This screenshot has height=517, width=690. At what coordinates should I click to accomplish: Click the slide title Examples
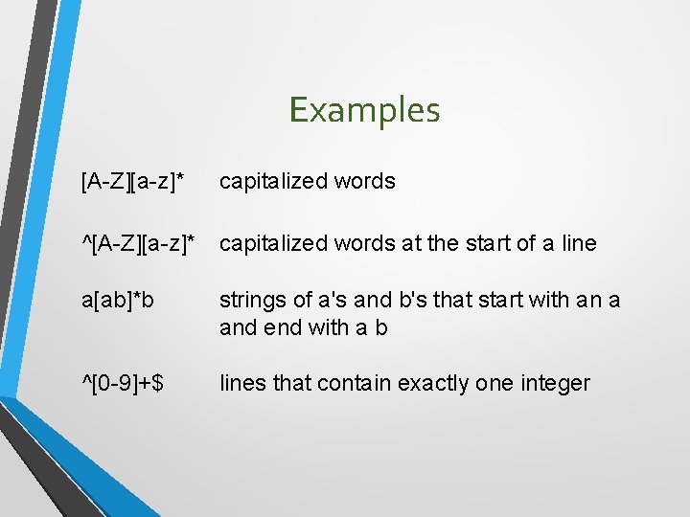(x=364, y=110)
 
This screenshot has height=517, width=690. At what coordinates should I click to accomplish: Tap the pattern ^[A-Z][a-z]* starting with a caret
(x=144, y=243)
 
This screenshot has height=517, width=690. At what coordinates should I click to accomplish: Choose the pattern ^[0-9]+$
(x=123, y=383)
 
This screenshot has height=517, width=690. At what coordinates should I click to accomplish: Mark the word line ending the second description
(x=578, y=243)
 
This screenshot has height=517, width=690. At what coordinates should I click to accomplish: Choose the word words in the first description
(x=367, y=181)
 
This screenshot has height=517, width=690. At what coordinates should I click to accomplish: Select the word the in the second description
(x=443, y=243)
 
